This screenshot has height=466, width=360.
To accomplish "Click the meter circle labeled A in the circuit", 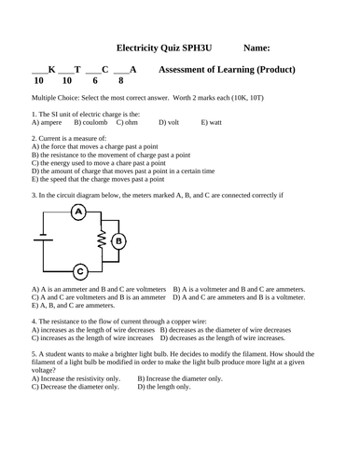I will pos(79,212).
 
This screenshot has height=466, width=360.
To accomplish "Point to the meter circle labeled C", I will pos(79,272).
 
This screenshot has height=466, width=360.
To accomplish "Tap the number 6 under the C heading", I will pos(96,81).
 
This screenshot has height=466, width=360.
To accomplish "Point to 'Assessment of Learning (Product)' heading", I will pos(228,70).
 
